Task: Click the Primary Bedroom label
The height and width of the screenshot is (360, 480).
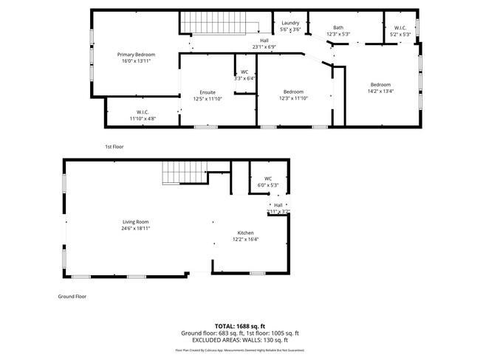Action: click(136, 55)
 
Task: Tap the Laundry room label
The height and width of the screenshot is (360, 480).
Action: click(290, 23)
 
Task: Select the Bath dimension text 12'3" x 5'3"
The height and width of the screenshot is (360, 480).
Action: click(338, 34)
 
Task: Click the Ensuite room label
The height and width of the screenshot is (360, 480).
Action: click(208, 92)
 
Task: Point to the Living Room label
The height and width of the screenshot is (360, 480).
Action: click(136, 221)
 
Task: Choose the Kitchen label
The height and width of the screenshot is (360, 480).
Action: click(245, 232)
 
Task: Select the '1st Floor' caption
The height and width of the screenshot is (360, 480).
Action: click(114, 147)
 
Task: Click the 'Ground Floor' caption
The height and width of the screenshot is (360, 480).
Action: click(72, 296)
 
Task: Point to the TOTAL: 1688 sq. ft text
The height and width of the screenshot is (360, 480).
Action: click(239, 325)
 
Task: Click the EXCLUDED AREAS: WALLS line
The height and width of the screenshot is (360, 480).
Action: click(239, 341)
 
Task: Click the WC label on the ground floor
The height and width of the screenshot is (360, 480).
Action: click(268, 178)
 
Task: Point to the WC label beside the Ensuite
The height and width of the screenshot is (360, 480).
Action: click(244, 72)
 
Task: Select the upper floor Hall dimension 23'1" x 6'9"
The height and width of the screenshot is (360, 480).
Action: click(264, 46)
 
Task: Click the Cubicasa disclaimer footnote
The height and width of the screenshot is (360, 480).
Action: click(239, 350)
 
